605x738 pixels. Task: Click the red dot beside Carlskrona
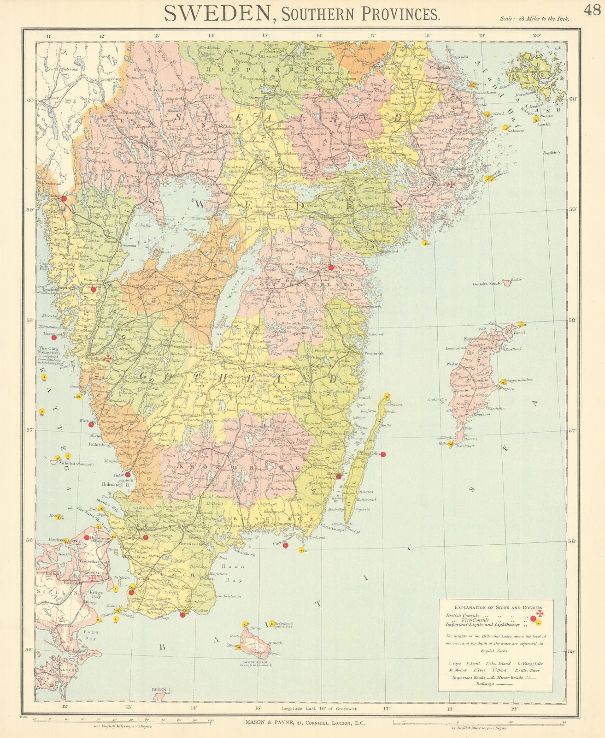(x=285, y=546)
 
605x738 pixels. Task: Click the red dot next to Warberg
(x=91, y=425)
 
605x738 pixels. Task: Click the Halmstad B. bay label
(x=114, y=485)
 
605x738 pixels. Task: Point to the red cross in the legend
(x=540, y=615)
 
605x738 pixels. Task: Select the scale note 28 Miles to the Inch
(x=535, y=19)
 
